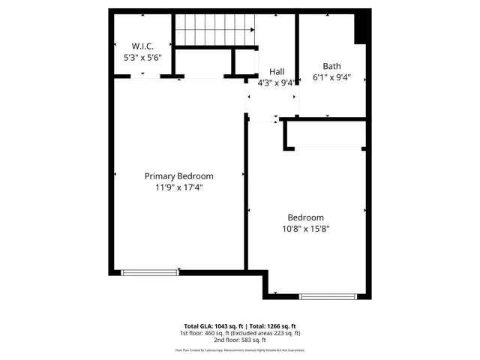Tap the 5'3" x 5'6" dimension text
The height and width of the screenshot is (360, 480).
point(142,57)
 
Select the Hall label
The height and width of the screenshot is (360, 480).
point(276,72)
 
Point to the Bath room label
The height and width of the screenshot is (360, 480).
point(331,66)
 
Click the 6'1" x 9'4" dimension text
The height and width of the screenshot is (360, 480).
point(331,77)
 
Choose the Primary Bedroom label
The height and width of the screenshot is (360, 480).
point(178,176)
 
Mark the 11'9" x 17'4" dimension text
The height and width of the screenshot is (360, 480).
point(178,188)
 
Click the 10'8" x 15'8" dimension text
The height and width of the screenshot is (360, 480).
point(306,229)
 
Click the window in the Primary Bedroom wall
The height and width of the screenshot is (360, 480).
point(150,271)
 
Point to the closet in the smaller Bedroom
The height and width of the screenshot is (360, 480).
point(327,133)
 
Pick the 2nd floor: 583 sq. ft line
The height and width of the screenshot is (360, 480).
point(239,340)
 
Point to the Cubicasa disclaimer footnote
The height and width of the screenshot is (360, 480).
point(239,349)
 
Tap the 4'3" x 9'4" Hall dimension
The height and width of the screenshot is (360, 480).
point(277,83)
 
